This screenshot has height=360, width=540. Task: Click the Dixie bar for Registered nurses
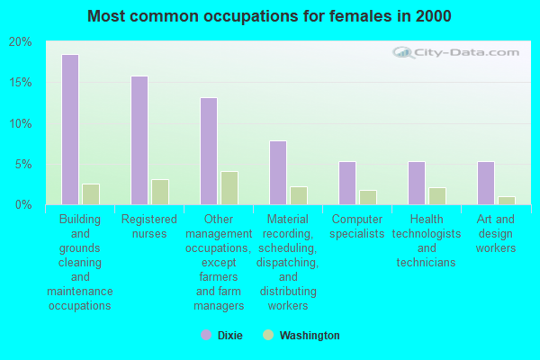139,140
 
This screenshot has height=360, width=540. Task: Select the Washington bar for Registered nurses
160,192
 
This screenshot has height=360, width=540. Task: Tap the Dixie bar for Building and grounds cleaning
70,130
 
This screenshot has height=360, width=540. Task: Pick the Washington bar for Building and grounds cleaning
91,194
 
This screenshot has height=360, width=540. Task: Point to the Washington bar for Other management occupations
229,188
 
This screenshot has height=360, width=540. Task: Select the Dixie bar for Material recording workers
278,173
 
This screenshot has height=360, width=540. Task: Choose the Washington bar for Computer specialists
368,197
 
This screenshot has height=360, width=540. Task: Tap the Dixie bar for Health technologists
417,183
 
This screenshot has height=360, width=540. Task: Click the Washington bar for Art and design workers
507,200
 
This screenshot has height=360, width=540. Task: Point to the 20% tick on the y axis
20,42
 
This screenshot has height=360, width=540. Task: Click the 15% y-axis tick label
20,83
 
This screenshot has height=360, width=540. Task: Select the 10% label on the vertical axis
20,123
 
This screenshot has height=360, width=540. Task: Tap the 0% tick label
23,204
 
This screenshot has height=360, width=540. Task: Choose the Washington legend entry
301,336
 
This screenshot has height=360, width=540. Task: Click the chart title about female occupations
270,16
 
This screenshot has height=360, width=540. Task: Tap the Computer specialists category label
358,227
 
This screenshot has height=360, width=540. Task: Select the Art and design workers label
496,233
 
